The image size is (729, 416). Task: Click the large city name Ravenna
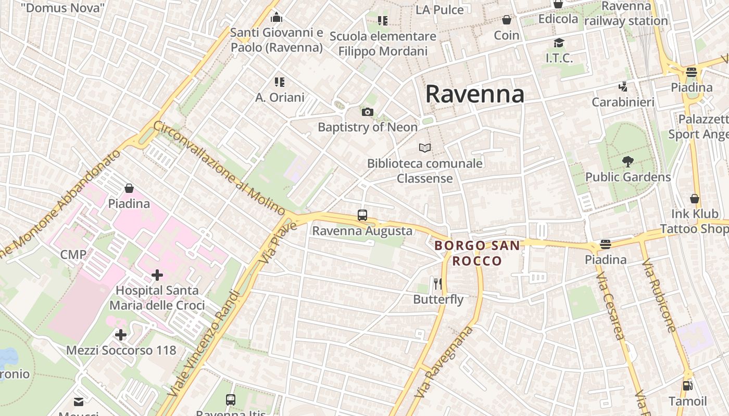(474, 94)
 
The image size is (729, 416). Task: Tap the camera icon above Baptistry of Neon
(367, 112)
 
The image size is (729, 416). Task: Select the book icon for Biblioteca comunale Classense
(425, 148)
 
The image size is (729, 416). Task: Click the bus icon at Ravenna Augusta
(362, 215)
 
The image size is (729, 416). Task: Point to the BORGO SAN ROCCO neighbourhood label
(477, 253)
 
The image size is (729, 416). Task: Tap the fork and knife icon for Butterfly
(438, 284)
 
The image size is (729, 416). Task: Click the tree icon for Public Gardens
(628, 162)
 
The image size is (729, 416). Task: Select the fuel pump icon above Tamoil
(687, 386)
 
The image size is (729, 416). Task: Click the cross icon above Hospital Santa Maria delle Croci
(157, 275)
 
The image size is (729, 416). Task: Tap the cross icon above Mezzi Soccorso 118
(121, 335)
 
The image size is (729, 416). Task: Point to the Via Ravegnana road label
(444, 362)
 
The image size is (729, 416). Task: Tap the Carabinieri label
(623, 102)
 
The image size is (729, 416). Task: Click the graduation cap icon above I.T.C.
(559, 43)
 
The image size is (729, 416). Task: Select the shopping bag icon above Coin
(507, 20)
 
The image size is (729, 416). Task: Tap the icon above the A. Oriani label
(280, 82)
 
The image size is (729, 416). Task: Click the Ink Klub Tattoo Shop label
(694, 221)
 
